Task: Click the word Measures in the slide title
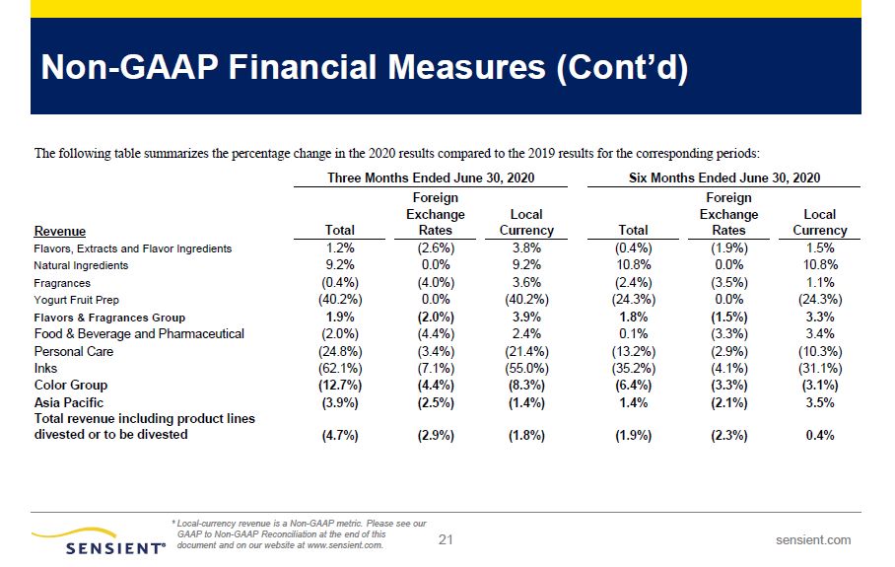pos(467,67)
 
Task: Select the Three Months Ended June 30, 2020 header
pos(431,178)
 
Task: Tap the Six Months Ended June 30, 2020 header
pos(724,178)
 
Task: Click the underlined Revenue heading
pos(60,232)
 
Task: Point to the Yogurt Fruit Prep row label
pos(77,300)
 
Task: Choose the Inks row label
pos(45,368)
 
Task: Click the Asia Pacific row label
pos(68,402)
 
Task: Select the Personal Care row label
pos(74,351)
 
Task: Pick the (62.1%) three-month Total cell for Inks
pos(340,368)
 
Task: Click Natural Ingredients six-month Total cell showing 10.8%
pos(634,265)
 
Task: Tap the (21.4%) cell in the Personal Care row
pos(526,351)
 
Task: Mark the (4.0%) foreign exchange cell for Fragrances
pos(436,283)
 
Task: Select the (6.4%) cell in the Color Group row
pos(634,386)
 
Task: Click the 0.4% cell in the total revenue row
pos(820,435)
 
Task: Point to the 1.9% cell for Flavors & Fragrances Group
pos(340,317)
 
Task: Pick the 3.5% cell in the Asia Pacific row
pos(820,402)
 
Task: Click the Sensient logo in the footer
pos(99,540)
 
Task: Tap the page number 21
pos(446,539)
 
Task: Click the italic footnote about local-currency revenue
pos(299,534)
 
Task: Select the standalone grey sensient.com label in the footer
pos(813,540)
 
